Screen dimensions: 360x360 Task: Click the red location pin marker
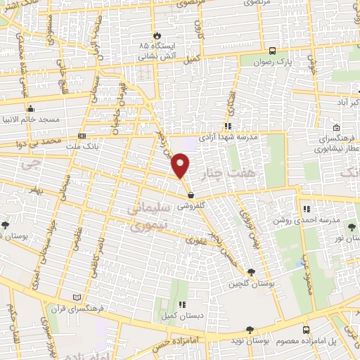click(181, 166)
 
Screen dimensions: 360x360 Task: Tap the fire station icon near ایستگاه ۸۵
click(156, 36)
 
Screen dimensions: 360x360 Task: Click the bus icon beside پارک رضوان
click(272, 50)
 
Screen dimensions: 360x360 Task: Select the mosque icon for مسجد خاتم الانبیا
click(30, 109)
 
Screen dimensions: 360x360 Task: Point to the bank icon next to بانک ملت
click(82, 136)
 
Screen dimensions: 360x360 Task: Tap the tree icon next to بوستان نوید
click(248, 330)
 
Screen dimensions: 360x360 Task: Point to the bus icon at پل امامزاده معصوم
click(306, 330)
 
